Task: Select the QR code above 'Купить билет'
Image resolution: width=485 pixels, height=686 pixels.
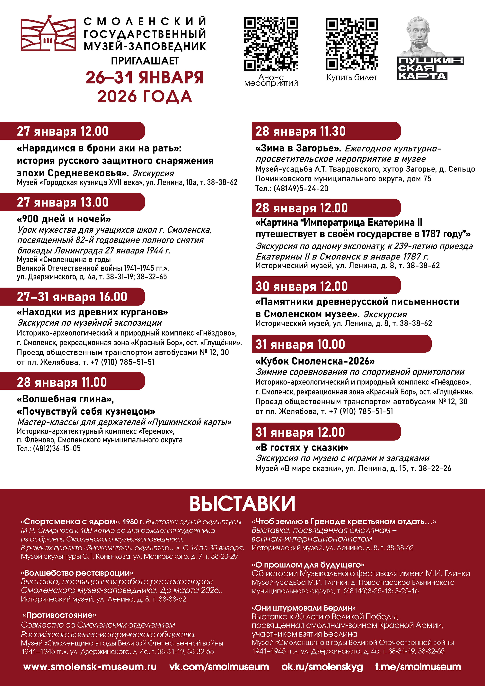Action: pyautogui.click(x=352, y=44)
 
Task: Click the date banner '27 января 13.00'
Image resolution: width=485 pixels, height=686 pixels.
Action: pyautogui.click(x=63, y=202)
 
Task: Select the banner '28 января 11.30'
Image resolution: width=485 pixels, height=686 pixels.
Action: pyautogui.click(x=300, y=131)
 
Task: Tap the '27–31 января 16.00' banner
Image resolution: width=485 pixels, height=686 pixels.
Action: pyautogui.click(x=72, y=297)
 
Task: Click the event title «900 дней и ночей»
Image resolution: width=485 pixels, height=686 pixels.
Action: pyautogui.click(x=64, y=219)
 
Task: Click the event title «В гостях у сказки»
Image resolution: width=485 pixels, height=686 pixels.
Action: pyautogui.click(x=302, y=448)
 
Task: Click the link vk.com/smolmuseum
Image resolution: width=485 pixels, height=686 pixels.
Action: pyautogui.click(x=219, y=667)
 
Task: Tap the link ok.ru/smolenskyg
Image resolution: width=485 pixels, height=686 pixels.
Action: pyautogui.click(x=322, y=667)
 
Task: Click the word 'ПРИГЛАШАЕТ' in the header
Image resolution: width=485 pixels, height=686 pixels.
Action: pyautogui.click(x=145, y=61)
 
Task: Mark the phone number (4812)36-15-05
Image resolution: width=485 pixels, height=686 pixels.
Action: pyautogui.click(x=57, y=448)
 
